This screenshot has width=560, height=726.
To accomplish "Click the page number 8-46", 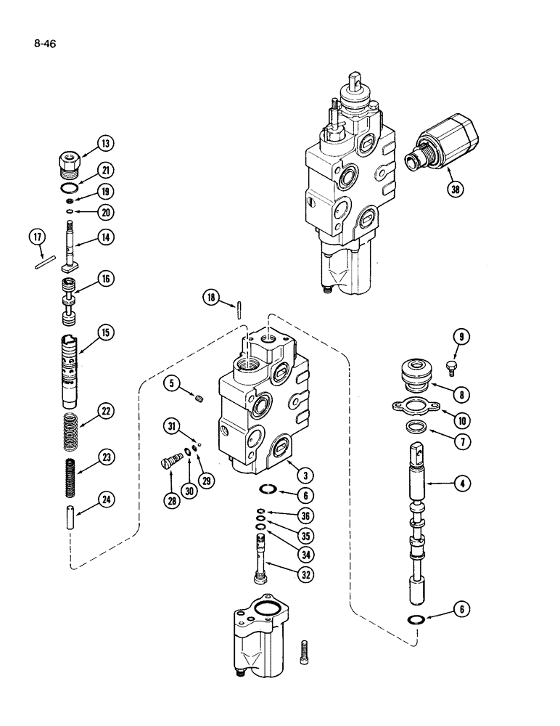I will click(x=44, y=43).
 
